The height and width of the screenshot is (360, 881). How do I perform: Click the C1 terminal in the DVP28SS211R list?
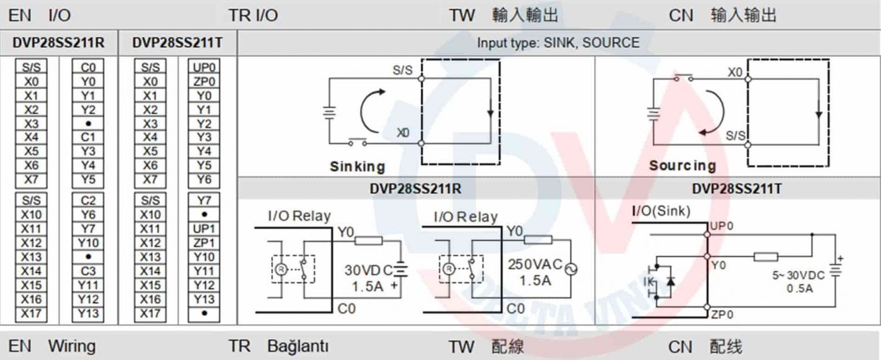tap(88, 137)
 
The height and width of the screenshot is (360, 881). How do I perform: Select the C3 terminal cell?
tap(88, 271)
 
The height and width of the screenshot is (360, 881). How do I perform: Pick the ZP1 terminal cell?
tap(204, 243)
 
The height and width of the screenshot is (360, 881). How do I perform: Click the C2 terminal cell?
tap(88, 201)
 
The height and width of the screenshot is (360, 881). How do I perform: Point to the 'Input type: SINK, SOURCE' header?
tap(558, 43)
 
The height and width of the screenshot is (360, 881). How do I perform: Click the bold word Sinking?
tap(357, 167)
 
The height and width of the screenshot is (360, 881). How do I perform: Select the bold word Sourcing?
tap(682, 166)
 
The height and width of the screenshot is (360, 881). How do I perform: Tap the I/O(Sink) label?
tap(661, 211)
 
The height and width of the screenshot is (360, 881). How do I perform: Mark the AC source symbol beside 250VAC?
tap(571, 269)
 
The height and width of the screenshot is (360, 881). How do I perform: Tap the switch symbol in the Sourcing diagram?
tap(683, 77)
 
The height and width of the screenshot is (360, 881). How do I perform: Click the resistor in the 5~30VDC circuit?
tap(766, 256)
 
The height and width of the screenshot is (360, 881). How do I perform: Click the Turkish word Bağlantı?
tap(298, 346)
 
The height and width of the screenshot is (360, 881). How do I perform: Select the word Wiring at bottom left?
tap(72, 346)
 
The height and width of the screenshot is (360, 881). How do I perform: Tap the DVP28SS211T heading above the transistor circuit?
tap(736, 188)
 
